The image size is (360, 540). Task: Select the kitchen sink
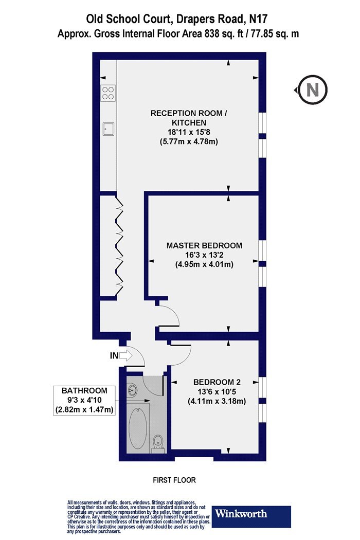(108, 129)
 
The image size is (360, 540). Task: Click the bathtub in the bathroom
(138, 428)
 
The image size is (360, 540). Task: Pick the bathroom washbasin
(132, 390)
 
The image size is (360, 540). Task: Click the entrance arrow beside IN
(125, 355)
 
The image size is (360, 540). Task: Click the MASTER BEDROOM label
(204, 245)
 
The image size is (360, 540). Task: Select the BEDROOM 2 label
(217, 382)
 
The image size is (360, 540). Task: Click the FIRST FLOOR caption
(174, 480)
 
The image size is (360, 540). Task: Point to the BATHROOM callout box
(84, 401)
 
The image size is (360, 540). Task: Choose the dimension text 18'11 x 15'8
(189, 132)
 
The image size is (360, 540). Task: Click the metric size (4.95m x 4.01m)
(204, 265)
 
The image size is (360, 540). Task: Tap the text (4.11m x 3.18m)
(217, 401)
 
